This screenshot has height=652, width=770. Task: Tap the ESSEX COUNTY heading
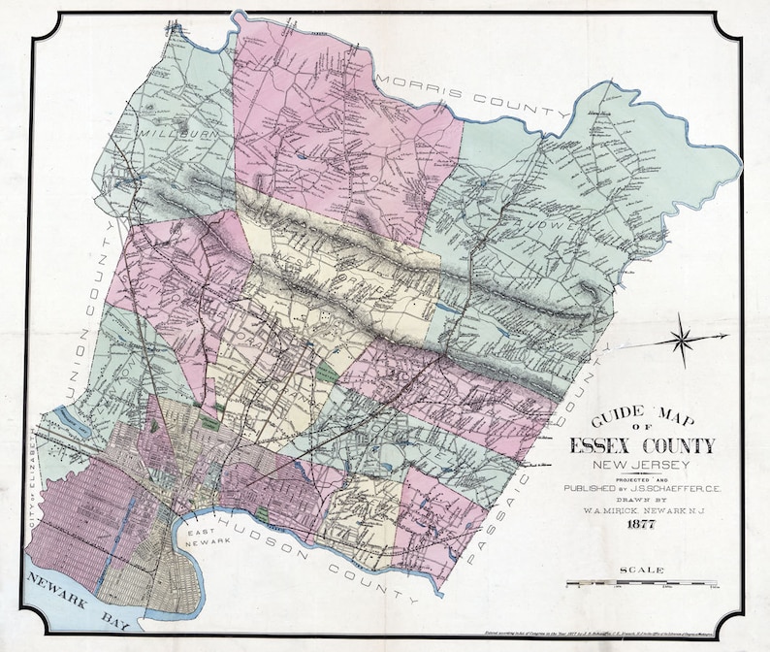[x=641, y=445]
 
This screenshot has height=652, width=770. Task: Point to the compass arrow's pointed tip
[x=726, y=336]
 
